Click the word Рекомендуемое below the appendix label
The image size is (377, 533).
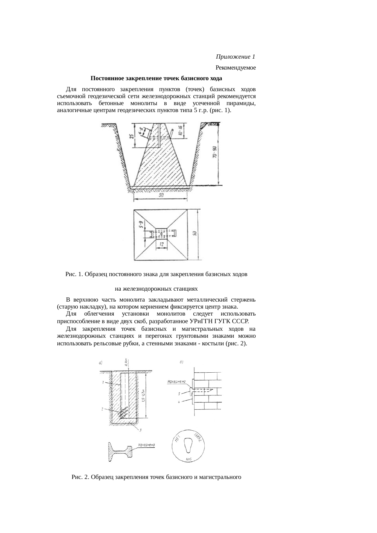point(236,68)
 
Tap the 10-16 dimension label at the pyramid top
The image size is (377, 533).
point(180,131)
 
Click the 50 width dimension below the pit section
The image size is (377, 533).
point(161,196)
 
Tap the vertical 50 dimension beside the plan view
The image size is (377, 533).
point(195,234)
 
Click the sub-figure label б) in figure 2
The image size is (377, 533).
point(182,362)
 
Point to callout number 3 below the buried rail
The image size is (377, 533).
point(140,430)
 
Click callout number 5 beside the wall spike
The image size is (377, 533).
point(179,394)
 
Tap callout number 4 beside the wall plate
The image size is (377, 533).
point(179,402)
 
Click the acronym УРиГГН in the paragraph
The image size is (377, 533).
point(202,321)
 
